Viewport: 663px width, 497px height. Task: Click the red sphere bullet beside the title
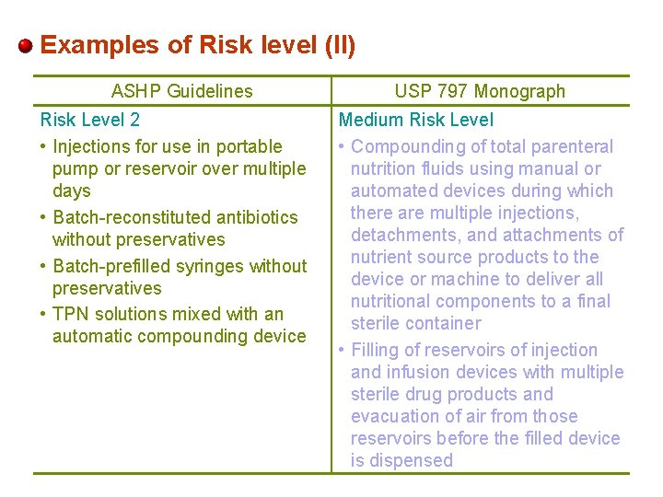coord(26,46)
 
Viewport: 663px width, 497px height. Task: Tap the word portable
coord(251,146)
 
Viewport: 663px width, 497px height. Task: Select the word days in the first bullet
coord(71,191)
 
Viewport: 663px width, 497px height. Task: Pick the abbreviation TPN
coord(73,314)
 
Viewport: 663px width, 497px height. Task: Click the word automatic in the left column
coord(88,336)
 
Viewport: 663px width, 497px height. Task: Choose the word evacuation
coord(395,416)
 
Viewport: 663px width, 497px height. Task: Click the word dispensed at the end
coord(401,460)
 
